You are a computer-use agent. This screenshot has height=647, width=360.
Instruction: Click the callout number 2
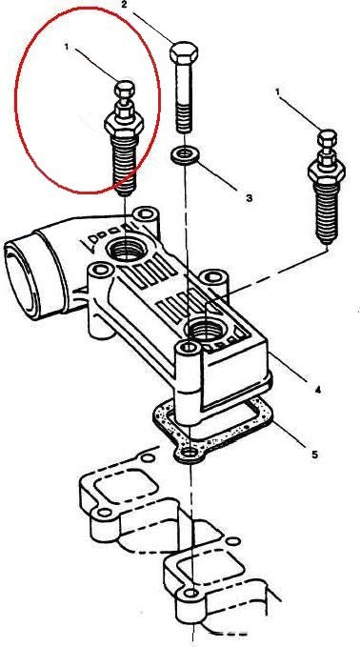point(124,5)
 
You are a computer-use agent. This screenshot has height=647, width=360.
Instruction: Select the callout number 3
point(249,198)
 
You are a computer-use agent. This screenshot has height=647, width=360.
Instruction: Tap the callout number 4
point(317,389)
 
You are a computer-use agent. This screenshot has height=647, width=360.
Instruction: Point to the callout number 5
point(314,455)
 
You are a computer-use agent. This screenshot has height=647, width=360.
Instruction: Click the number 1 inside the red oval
point(67,48)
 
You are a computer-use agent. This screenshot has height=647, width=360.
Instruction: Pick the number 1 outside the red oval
point(278,92)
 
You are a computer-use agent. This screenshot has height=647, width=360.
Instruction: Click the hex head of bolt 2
point(184,52)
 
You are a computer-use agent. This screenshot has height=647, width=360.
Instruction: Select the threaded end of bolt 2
point(185,118)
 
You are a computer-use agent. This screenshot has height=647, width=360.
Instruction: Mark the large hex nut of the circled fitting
point(124,123)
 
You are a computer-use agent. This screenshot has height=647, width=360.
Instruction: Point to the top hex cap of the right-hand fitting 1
point(328,138)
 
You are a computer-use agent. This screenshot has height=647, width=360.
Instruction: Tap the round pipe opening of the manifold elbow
point(22,282)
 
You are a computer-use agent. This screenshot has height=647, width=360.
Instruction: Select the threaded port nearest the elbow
point(125,251)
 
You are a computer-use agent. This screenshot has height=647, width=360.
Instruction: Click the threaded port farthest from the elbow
point(205,330)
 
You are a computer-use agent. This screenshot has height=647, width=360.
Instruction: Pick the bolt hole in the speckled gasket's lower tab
point(190,454)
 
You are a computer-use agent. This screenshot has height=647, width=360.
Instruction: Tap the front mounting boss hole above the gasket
point(190,347)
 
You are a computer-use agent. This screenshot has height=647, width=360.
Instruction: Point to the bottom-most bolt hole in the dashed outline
point(190,594)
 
